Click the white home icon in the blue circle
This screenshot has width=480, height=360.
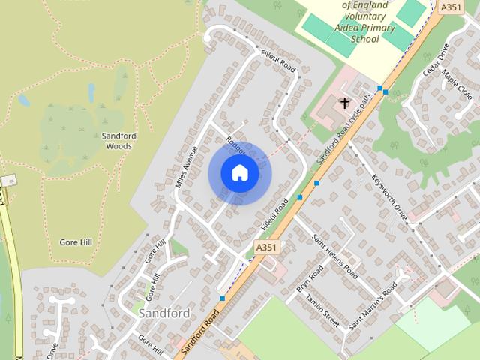(239, 173)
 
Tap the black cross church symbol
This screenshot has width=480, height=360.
(345, 103)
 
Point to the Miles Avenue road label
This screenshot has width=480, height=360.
(185, 166)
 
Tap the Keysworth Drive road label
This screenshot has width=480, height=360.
(388, 197)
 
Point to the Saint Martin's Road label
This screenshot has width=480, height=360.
(372, 305)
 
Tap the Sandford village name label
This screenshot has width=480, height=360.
(163, 312)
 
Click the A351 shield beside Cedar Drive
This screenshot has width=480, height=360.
(450, 7)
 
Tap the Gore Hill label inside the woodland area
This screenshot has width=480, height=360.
(75, 242)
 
